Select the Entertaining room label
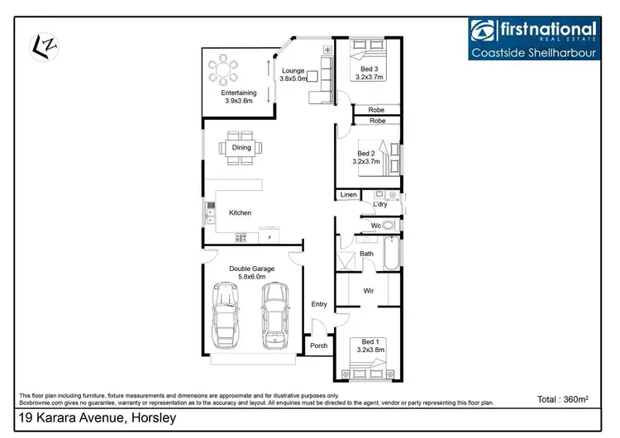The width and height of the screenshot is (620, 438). pyautogui.click(x=238, y=97)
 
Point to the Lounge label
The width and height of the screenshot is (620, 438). pyautogui.click(x=293, y=74)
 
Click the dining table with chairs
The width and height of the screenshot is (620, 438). pyautogui.click(x=241, y=148)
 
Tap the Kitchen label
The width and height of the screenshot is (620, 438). pyautogui.click(x=241, y=213)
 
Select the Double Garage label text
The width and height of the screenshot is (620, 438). pyautogui.click(x=252, y=274)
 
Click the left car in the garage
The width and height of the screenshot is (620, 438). pyautogui.click(x=226, y=317)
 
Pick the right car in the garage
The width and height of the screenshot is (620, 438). pyautogui.click(x=276, y=317)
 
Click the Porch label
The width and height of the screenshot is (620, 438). pyautogui.click(x=318, y=345)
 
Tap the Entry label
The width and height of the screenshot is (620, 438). pyautogui.click(x=319, y=304)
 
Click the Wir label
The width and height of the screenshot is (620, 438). pyautogui.click(x=370, y=290)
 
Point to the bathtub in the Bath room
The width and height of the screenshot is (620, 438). pyautogui.click(x=392, y=254)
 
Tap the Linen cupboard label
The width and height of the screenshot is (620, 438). pyautogui.click(x=348, y=195)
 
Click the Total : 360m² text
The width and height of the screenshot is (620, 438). pyautogui.click(x=562, y=399)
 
